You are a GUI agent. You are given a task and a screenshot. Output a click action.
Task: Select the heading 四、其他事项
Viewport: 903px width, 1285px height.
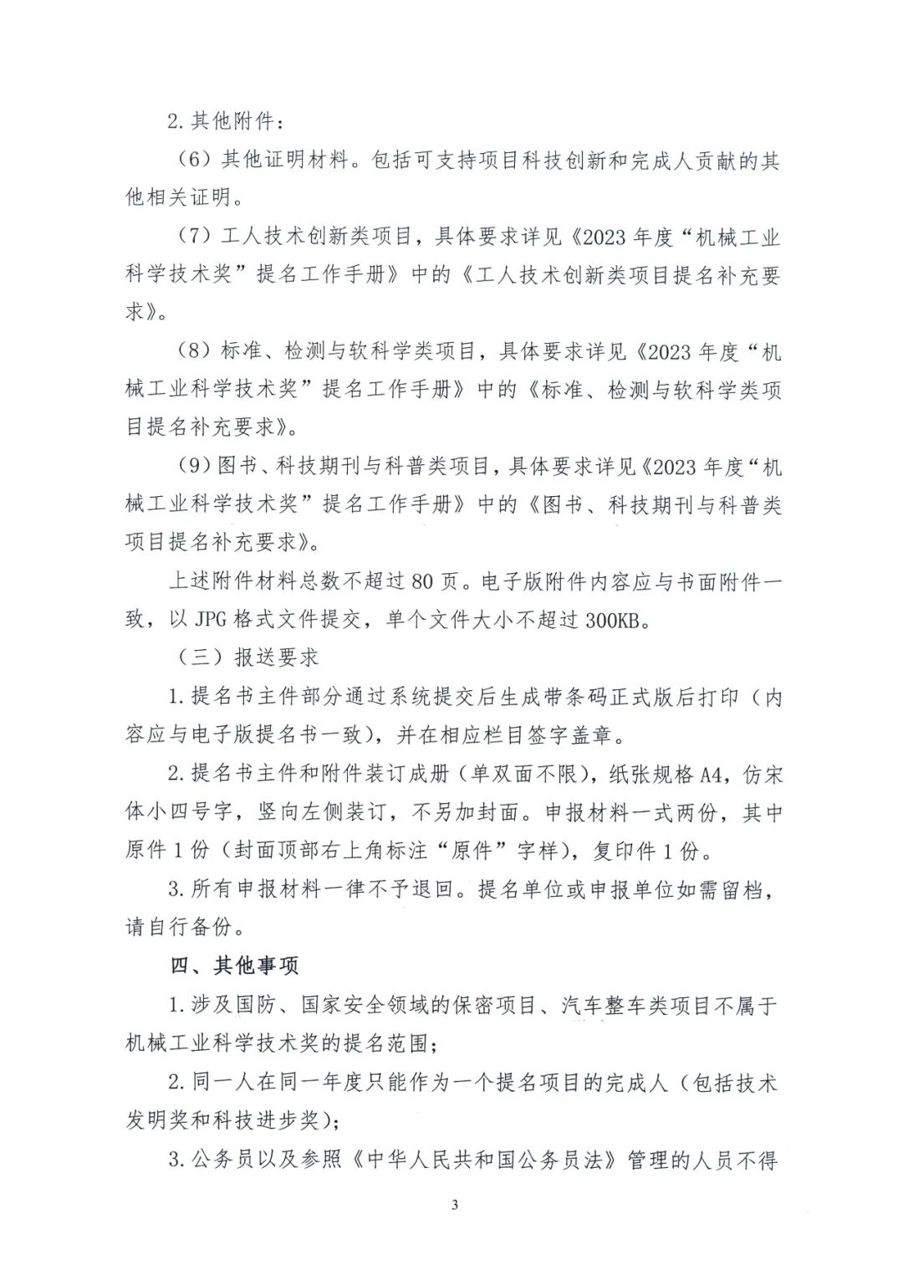point(235,965)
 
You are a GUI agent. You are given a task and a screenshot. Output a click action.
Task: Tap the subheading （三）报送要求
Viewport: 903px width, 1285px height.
point(249,658)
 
